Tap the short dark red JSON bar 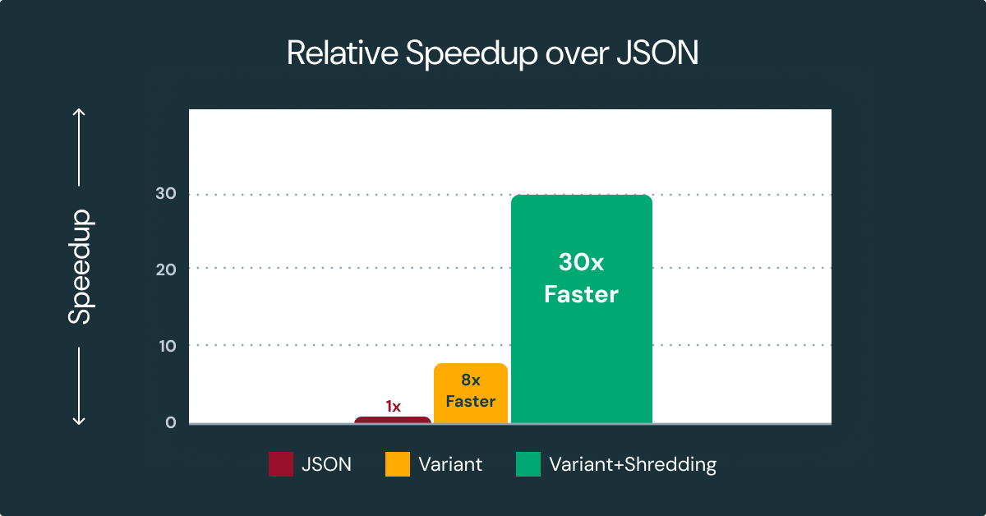tap(393, 420)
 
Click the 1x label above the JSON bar tap(393, 406)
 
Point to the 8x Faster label tap(470, 391)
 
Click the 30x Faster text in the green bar tap(581, 279)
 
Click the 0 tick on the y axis tap(170, 422)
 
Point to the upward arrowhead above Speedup tap(80, 113)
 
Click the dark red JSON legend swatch tap(281, 464)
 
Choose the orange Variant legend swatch tap(397, 464)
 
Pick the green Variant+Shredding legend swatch tap(528, 464)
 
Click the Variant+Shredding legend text tap(633, 464)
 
